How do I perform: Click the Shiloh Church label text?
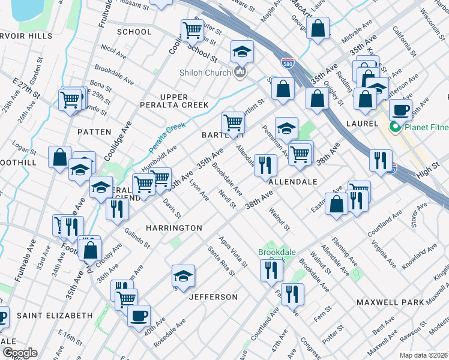pos(205,73)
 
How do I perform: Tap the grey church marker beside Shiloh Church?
pos(241,73)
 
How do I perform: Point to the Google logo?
pos(19,353)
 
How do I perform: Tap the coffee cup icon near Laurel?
pos(400,110)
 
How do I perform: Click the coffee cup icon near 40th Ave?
pos(139,316)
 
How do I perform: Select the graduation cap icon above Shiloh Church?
pos(242,52)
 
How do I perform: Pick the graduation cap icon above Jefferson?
pos(183,276)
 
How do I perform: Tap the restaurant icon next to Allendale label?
pos(265,165)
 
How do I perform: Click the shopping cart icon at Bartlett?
pos(233,123)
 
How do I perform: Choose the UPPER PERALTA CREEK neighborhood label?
pos(183,101)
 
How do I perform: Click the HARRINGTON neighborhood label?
pos(174,228)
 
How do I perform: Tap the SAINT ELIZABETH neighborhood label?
pos(55,315)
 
